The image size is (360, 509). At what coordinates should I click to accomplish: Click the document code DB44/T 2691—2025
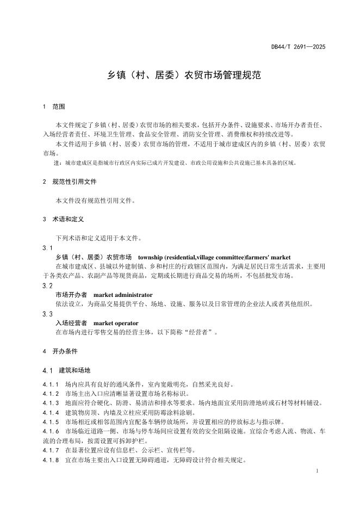pyautogui.click(x=298, y=47)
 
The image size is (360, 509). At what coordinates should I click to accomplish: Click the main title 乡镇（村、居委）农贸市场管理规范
pyautogui.click(x=180, y=75)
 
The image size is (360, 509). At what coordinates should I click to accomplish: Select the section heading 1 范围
pyautogui.click(x=54, y=107)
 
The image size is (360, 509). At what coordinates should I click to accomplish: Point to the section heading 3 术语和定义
pyautogui.click(x=63, y=219)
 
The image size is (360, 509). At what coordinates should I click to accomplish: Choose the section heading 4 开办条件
pyautogui.click(x=59, y=352)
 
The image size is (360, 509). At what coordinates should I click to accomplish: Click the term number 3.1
pyautogui.click(x=47, y=248)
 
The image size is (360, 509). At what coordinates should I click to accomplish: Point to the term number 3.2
pyautogui.click(x=47, y=285)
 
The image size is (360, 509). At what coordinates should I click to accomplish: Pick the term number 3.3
pyautogui.click(x=47, y=314)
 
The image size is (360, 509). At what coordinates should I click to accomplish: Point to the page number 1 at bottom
pyautogui.click(x=316, y=471)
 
